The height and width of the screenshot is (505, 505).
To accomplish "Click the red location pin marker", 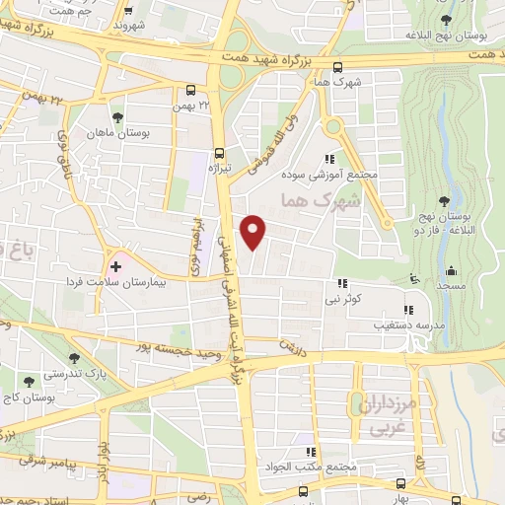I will tap(254, 231).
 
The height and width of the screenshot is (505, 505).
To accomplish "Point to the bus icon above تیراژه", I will tap(219, 153).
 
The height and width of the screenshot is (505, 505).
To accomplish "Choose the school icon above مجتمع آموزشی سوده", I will tap(329, 159).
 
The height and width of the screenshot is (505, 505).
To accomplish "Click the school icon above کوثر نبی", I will tap(341, 283).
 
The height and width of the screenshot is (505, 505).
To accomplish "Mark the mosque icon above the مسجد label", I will tap(450, 270).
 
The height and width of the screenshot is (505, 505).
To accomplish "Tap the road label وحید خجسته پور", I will tap(179, 351).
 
